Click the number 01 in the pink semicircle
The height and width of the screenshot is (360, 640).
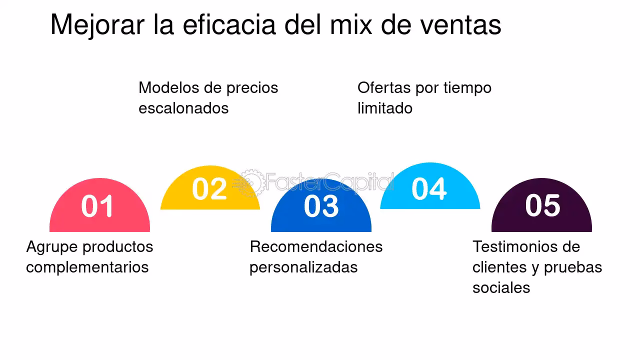[x=97, y=206]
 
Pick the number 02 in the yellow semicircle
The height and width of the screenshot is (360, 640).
[x=209, y=189]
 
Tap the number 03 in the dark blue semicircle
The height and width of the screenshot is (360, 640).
[x=321, y=206]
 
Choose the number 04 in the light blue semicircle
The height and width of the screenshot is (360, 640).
[x=429, y=189]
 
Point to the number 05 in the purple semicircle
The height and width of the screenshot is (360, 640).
[x=542, y=205]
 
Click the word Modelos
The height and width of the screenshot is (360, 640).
[x=167, y=87]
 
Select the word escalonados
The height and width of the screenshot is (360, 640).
[x=183, y=108]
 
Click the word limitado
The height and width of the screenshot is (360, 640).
[x=385, y=108]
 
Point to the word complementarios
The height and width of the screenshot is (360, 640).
[x=87, y=267]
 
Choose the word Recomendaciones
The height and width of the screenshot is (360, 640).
[x=316, y=246]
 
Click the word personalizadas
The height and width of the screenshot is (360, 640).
[x=303, y=267]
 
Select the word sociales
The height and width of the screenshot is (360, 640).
[x=501, y=287]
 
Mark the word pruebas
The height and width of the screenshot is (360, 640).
[x=573, y=267]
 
